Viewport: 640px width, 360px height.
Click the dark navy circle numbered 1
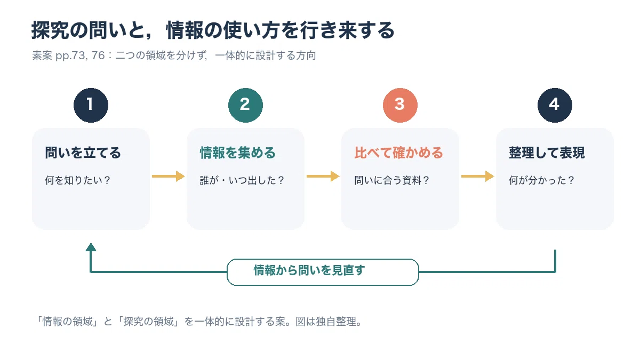91,105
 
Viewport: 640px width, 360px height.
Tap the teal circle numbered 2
245,105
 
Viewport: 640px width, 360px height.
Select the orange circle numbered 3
400,105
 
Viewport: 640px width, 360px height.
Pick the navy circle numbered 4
555,105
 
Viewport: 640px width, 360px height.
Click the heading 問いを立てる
83,153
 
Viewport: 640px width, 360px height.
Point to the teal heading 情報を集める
237,153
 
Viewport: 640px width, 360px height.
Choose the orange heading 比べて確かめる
398,153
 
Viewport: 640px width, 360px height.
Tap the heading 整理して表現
547,153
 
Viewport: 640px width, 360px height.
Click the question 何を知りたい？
78,180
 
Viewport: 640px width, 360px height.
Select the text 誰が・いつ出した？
242,180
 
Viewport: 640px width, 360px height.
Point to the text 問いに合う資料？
392,180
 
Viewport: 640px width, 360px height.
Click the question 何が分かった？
542,180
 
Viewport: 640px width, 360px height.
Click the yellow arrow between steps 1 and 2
169,177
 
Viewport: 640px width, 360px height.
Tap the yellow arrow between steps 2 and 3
323,177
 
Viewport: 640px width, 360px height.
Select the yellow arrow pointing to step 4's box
477,177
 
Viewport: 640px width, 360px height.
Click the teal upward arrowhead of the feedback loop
91,247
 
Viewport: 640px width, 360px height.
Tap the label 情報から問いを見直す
309,270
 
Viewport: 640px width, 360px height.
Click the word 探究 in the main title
50,30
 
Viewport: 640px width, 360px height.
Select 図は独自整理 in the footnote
326,322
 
